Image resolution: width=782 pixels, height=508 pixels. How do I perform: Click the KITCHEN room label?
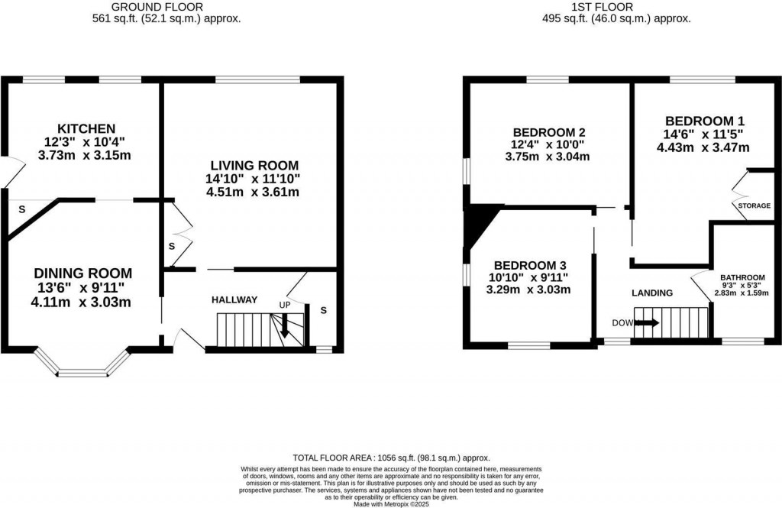click(86, 128)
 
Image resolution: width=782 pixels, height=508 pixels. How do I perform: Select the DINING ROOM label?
click(82, 273)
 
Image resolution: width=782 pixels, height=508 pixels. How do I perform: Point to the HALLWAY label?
click(234, 300)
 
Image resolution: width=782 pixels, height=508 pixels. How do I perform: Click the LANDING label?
click(651, 293)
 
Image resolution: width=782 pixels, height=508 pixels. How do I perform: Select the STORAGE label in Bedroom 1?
click(754, 205)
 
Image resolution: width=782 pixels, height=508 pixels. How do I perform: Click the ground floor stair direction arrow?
click(284, 328)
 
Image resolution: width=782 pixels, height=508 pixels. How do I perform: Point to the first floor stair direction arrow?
click(645, 323)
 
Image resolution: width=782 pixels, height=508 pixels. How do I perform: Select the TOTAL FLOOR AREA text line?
click(391, 458)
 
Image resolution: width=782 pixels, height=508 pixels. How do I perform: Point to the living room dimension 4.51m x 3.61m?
click(252, 192)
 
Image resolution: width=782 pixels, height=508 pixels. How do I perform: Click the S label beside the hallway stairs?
click(324, 311)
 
